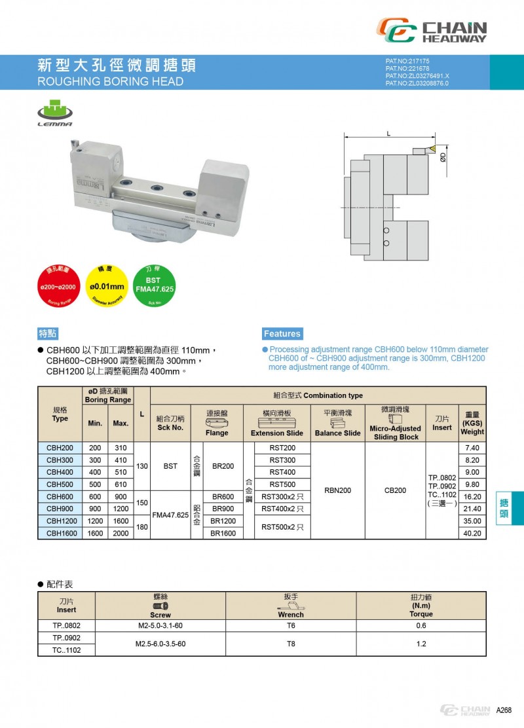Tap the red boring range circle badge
[x=58, y=286]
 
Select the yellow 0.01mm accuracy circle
[x=105, y=286]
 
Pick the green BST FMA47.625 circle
[x=153, y=285]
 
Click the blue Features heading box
[x=282, y=333]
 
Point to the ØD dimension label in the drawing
[x=443, y=156]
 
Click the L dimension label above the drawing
[x=389, y=134]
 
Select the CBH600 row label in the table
[x=60, y=497]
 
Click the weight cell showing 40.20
[x=472, y=534]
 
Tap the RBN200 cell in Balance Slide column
[x=337, y=490]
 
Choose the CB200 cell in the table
[x=395, y=490]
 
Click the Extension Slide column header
[x=276, y=433]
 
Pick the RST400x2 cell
[x=277, y=509]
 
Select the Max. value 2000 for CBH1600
[x=121, y=534]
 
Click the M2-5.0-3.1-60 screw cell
[x=160, y=625]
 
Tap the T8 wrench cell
[x=291, y=644]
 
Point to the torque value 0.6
[x=421, y=625]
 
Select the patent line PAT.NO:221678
[x=407, y=68]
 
